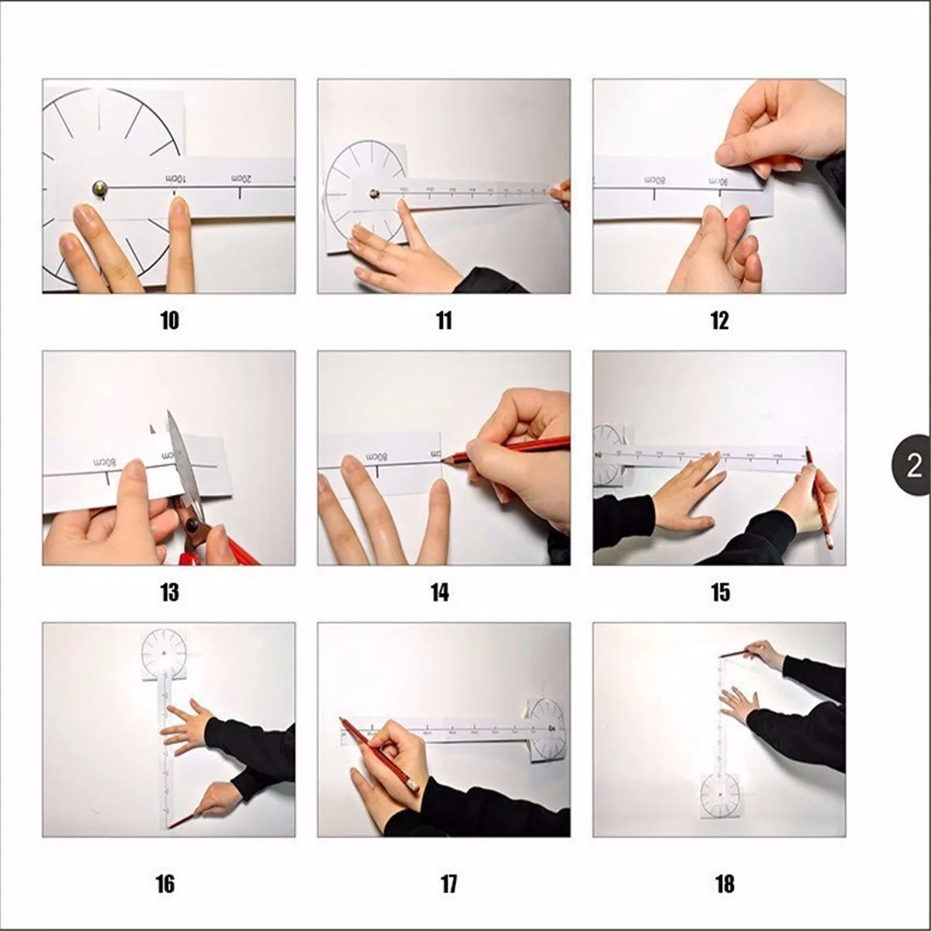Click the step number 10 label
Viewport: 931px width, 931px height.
(169, 320)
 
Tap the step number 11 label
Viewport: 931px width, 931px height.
(444, 320)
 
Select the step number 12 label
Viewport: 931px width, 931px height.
(719, 320)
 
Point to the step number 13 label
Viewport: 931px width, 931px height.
(169, 593)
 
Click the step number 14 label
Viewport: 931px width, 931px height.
(439, 593)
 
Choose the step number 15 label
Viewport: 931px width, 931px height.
(719, 593)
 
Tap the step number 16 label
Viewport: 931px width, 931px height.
(164, 884)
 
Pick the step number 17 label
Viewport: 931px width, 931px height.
(448, 884)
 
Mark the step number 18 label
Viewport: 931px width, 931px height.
(724, 884)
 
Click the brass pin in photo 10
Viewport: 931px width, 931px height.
(100, 187)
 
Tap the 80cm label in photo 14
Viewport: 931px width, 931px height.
(377, 456)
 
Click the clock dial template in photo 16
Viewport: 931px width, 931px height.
(164, 652)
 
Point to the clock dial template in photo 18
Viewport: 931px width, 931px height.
(719, 794)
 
